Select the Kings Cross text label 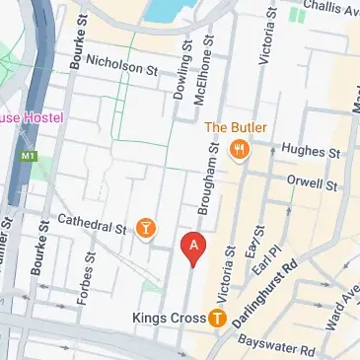pyautogui.click(x=168, y=318)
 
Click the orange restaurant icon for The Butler pyautogui.click(x=238, y=150)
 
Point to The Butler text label pyautogui.click(x=231, y=127)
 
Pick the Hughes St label pyautogui.click(x=311, y=151)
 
